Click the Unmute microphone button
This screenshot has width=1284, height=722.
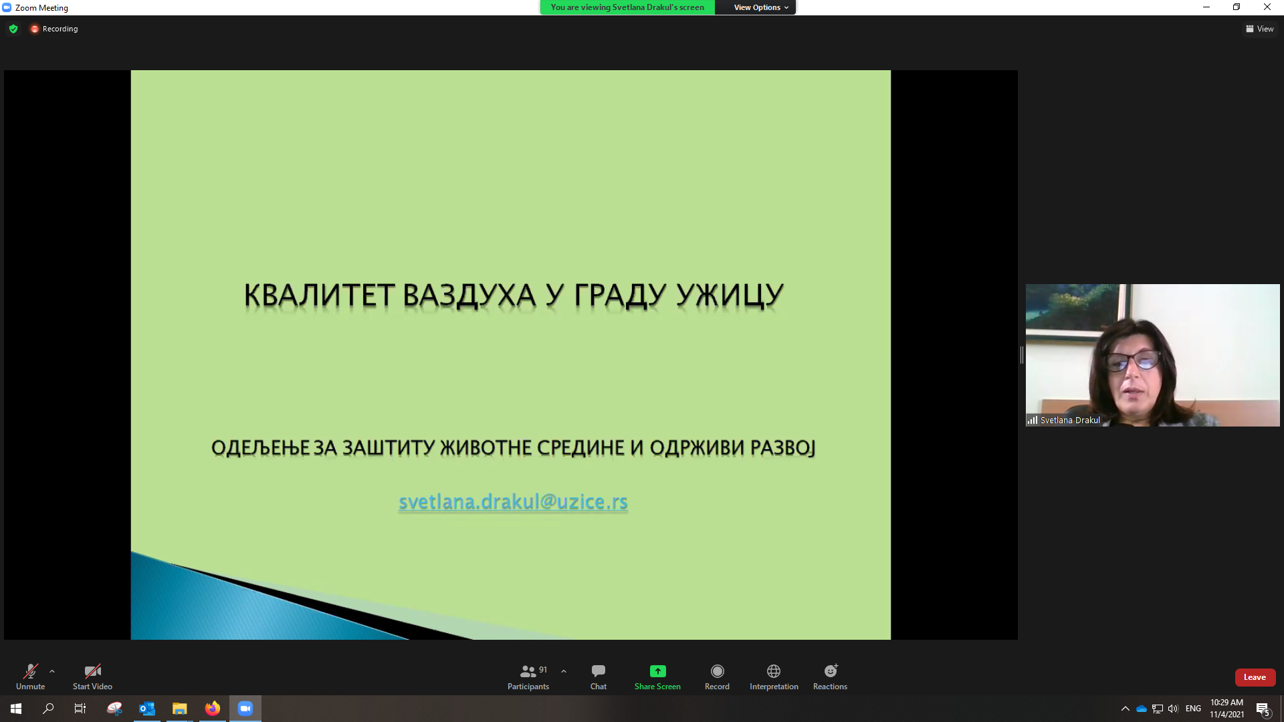coord(30,676)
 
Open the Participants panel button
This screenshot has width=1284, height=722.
coord(528,676)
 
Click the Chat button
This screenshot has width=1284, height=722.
coord(599,676)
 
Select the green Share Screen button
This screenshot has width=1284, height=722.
coord(657,676)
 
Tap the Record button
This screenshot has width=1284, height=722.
coord(717,676)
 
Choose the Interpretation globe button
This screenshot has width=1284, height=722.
coord(774,676)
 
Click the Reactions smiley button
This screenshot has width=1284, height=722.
coord(830,676)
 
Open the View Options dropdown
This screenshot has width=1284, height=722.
coord(761,7)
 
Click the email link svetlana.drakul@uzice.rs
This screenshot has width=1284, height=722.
coord(513,502)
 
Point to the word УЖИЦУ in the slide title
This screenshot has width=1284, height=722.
coord(730,295)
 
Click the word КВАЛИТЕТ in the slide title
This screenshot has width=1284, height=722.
coord(319,295)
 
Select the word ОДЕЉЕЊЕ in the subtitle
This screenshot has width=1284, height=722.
coord(261,447)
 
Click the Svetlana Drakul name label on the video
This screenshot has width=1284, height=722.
coord(1070,420)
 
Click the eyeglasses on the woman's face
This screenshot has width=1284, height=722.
coord(1132,362)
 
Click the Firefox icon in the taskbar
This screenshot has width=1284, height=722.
coord(213,709)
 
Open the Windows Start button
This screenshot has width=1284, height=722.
coord(16,709)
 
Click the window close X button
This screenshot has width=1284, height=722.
coord(1267,7)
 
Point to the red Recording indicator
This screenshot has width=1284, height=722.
coord(54,29)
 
